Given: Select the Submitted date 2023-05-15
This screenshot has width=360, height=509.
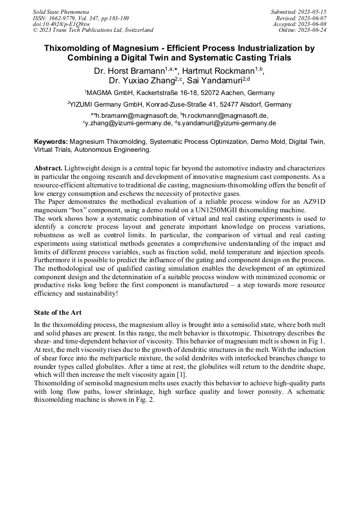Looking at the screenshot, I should click(314, 11).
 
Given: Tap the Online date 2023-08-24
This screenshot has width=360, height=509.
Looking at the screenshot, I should click(314, 30).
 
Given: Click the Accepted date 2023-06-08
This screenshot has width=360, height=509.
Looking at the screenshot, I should click(314, 24).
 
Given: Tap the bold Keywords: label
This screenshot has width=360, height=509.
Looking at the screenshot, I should click(51, 142).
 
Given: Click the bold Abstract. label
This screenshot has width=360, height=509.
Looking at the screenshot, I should click(48, 168).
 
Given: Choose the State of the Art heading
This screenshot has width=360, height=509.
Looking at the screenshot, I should click(57, 312).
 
